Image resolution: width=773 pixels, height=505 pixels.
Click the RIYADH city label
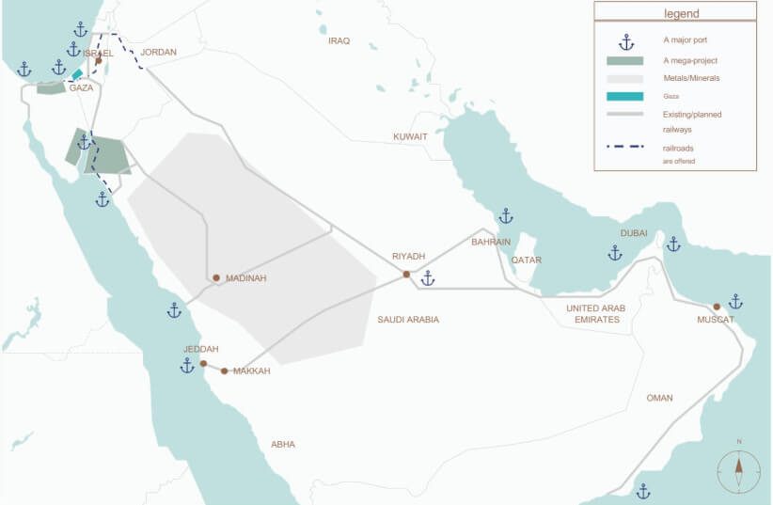click(409, 257)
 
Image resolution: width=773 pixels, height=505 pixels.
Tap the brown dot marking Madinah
click(216, 278)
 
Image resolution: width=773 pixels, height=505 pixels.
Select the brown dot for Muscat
click(717, 307)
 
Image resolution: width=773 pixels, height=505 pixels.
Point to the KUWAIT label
click(410, 137)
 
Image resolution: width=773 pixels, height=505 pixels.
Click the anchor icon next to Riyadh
click(428, 278)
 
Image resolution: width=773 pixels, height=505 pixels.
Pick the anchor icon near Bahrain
click(506, 216)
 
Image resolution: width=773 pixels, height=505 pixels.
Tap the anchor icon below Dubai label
click(615, 253)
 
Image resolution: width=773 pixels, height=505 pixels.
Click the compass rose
click(739, 467)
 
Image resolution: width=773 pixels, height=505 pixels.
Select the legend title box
click(674, 13)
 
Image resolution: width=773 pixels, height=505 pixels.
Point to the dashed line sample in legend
click(624, 147)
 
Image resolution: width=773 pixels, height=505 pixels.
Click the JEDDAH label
click(201, 349)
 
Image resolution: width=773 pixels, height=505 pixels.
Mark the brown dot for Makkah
click(224, 371)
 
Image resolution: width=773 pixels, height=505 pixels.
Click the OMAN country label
click(659, 398)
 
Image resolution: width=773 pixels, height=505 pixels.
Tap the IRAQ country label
click(339, 41)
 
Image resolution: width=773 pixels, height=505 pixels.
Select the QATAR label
click(527, 260)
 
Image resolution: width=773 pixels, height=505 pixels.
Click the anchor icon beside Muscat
click(735, 302)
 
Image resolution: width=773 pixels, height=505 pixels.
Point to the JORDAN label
click(158, 53)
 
